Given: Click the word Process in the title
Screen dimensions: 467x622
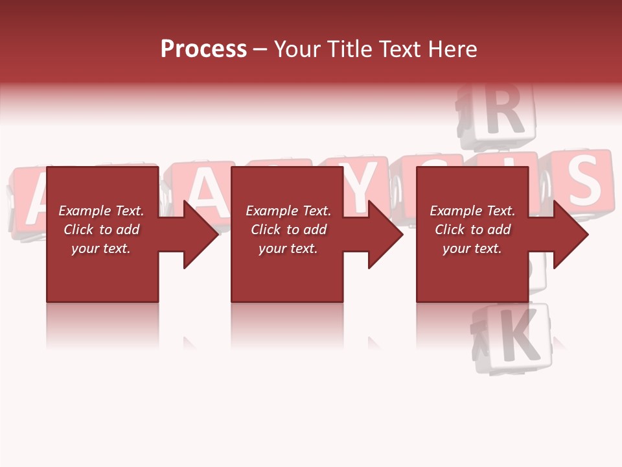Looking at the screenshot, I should click(x=203, y=49).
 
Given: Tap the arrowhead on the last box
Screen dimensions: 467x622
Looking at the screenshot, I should click(x=570, y=234).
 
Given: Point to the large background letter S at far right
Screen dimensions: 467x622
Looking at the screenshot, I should click(x=583, y=180).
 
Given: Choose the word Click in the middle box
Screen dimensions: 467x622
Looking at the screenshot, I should click(x=264, y=230).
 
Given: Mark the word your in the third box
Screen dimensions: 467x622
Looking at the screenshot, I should click(x=456, y=248).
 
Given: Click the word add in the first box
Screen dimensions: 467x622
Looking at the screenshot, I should click(x=128, y=230).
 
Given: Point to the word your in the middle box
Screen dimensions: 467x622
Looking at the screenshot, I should click(x=272, y=248).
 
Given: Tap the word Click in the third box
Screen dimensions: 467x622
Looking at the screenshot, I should click(x=448, y=230).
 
